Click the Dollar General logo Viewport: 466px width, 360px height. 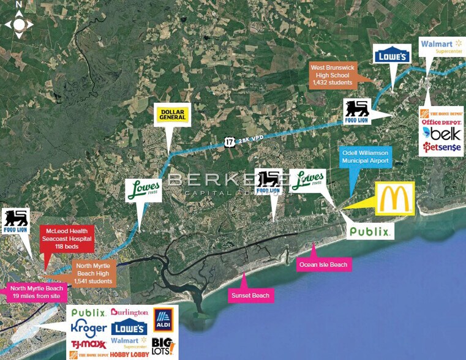point(172,114)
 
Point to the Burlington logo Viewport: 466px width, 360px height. point(129,312)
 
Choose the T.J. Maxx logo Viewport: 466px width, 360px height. point(89,344)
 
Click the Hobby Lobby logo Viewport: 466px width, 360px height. point(130,354)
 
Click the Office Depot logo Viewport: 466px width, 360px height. point(441,122)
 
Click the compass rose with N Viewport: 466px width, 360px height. point(19,23)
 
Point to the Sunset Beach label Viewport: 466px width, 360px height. point(249,295)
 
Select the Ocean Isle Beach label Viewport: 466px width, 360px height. point(323,264)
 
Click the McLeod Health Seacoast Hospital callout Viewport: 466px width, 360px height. point(66,238)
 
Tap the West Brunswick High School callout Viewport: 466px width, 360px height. point(331,75)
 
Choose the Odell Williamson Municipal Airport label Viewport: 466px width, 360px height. point(366,156)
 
